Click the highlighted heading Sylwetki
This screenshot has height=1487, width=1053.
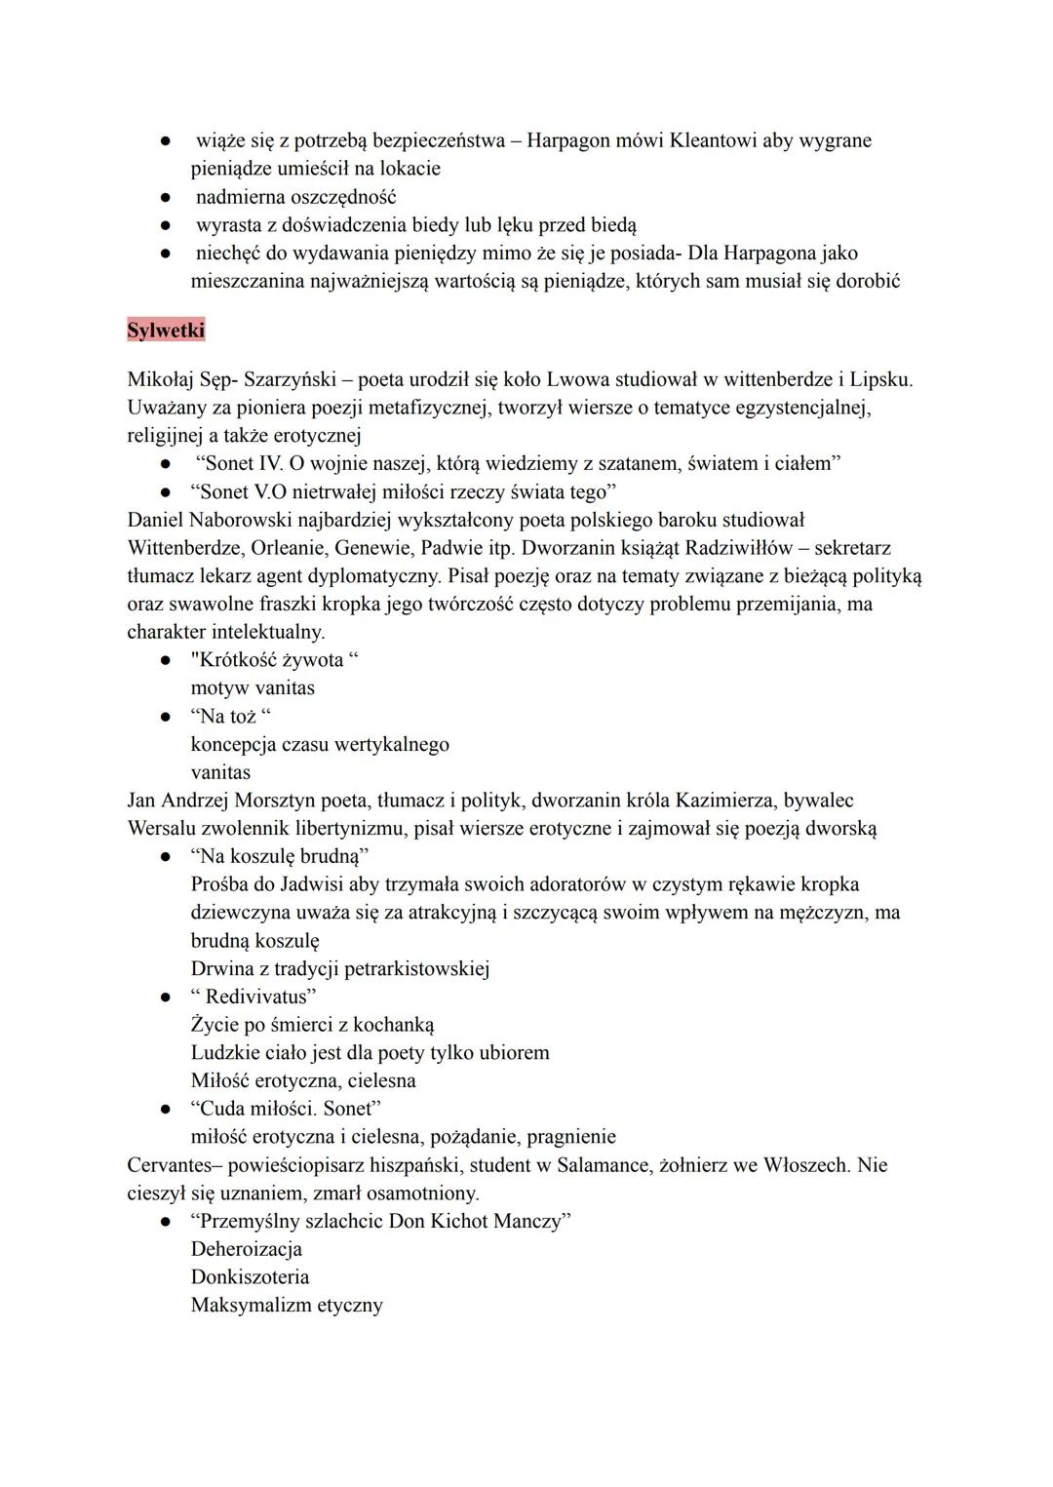coord(166,331)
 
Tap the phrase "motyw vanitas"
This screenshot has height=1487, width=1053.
coord(253,688)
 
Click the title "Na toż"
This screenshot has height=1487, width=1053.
coord(231,717)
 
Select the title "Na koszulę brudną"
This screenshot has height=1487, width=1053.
coord(280,857)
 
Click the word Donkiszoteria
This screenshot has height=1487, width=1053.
coord(250,1277)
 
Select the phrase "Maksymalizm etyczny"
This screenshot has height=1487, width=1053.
coord(287,1306)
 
